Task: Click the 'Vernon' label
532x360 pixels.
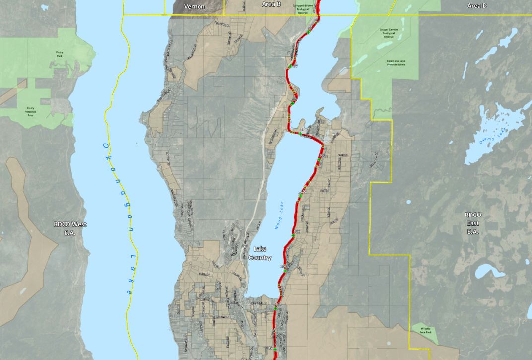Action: [194, 6]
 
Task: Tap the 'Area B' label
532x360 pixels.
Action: [271, 4]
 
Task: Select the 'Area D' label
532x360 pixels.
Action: [477, 5]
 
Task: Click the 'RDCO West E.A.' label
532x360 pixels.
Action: [70, 228]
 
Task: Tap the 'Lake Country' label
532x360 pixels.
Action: [262, 253]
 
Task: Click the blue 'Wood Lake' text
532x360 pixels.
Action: [278, 220]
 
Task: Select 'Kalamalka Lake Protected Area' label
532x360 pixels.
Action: [396, 62]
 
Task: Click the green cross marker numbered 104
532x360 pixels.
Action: [276, 308]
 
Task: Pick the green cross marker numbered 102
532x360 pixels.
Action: [293, 235]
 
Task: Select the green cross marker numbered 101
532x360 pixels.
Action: [300, 195]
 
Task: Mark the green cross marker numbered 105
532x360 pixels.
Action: [274, 349]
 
